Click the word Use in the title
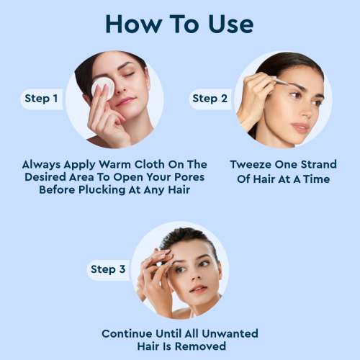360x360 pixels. click(225, 23)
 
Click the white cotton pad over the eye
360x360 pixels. click(102, 87)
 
